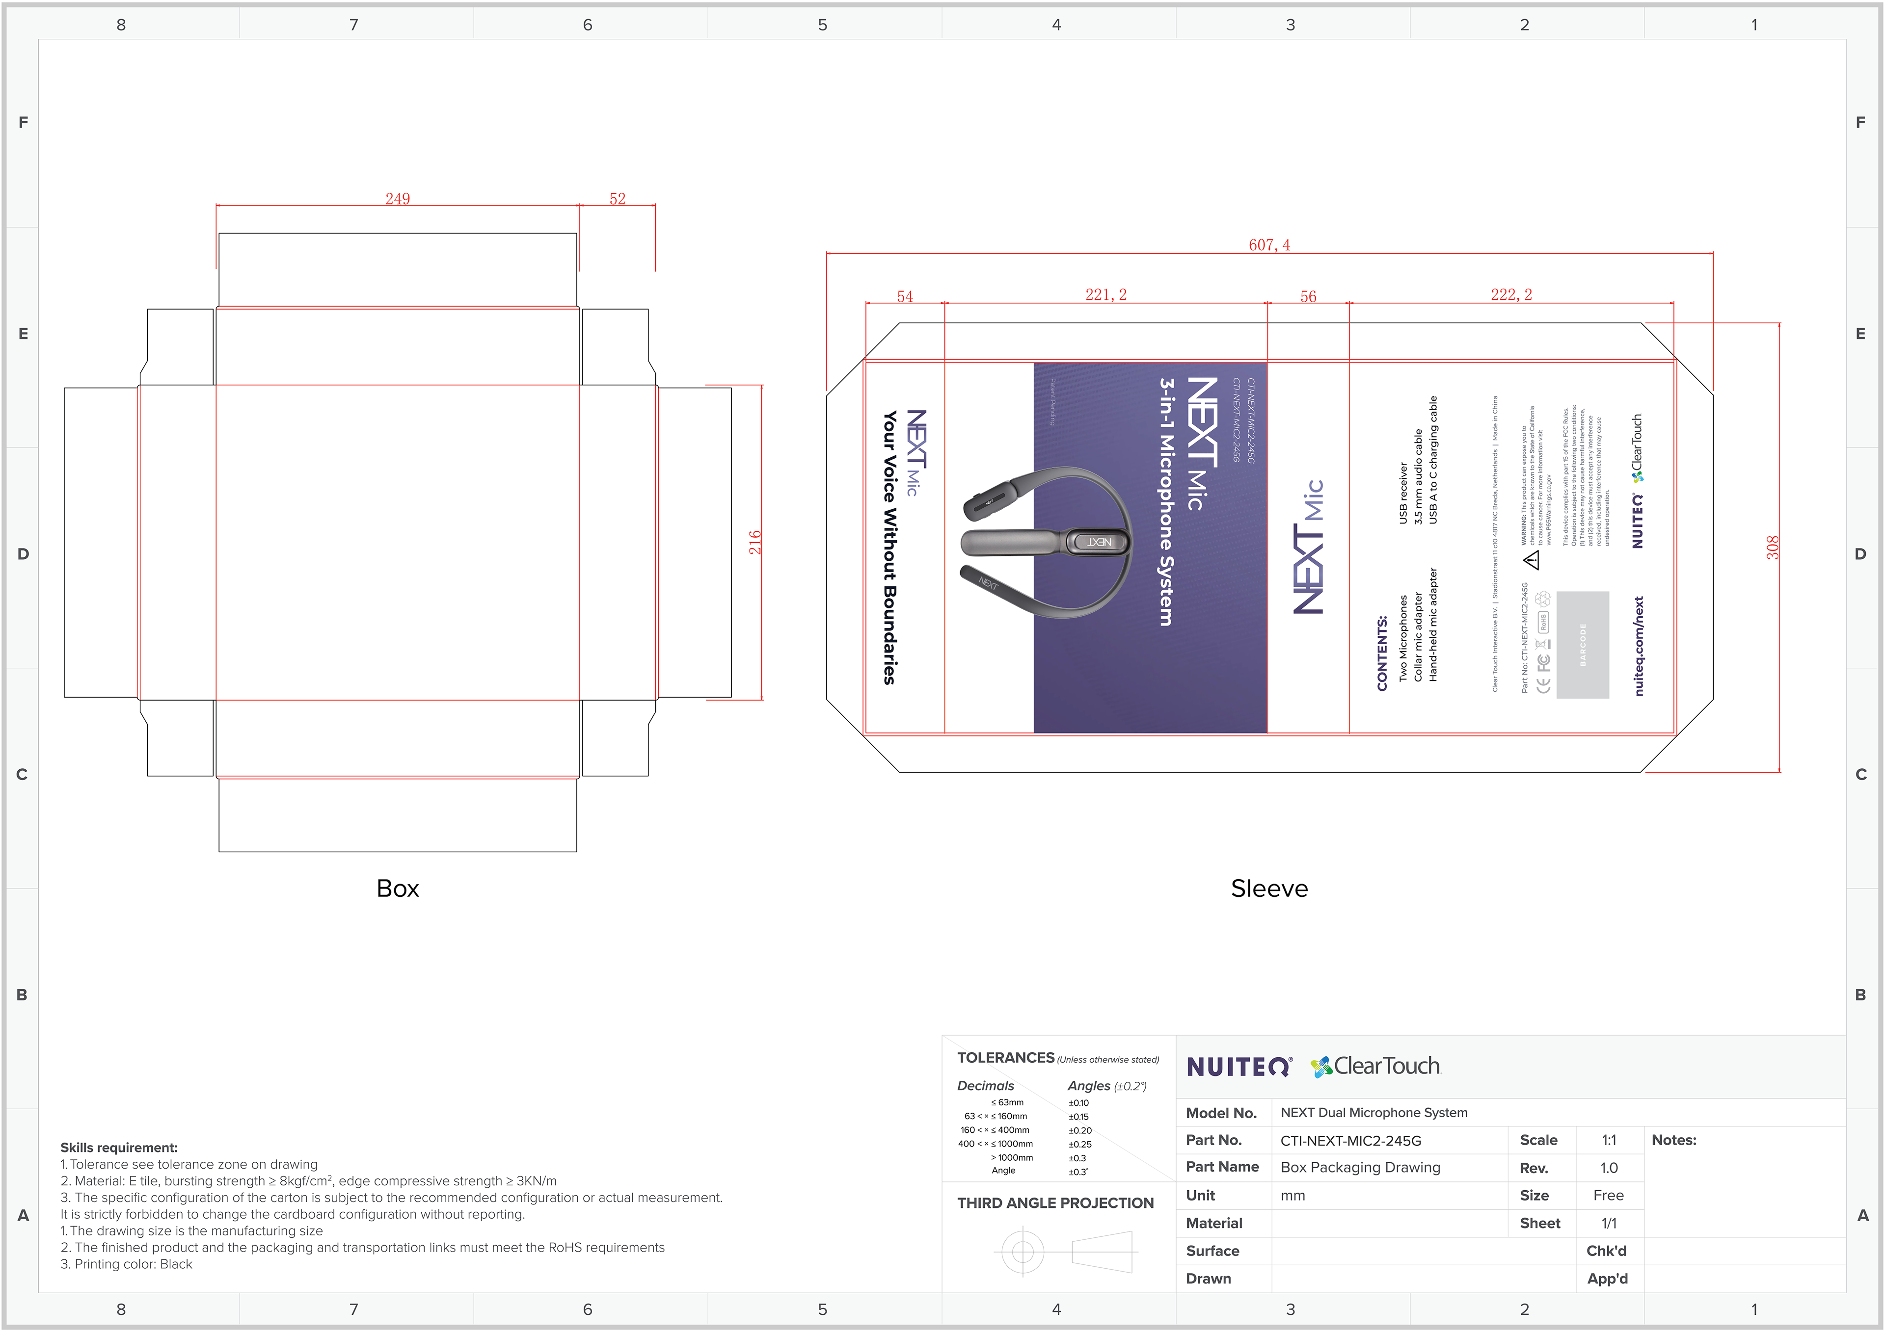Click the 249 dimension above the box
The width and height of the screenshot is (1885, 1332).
(397, 199)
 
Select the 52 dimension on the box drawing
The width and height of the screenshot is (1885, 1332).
(618, 199)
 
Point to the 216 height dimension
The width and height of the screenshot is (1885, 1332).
(754, 543)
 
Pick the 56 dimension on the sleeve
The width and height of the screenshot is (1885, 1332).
(1308, 296)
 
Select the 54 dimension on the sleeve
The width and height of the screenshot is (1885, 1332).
(905, 296)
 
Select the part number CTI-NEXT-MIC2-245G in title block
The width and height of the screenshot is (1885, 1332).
(1350, 1141)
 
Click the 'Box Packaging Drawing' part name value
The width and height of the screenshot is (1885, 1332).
(1360, 1167)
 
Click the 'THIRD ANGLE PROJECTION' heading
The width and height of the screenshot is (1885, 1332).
(1055, 1203)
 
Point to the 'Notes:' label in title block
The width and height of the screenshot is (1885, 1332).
(1673, 1140)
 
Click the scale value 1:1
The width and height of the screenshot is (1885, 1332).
(1608, 1140)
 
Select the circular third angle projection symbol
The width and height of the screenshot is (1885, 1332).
(1022, 1252)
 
